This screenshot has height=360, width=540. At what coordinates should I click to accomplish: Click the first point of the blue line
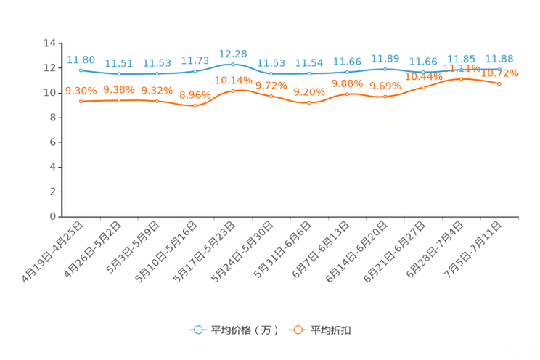(81, 70)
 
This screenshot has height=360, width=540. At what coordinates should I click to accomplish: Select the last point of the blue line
(499, 69)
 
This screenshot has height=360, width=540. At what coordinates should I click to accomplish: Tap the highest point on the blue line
(233, 64)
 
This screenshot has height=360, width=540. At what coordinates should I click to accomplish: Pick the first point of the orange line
(81, 102)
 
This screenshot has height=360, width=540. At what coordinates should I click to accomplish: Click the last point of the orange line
(499, 84)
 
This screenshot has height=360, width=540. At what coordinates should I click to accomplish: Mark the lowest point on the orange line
(195, 106)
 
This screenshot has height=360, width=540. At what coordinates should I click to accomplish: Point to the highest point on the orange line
(461, 78)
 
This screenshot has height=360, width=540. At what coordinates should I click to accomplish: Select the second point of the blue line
(118, 74)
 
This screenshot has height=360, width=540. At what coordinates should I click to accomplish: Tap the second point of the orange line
(118, 101)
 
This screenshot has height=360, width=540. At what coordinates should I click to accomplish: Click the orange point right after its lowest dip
(233, 91)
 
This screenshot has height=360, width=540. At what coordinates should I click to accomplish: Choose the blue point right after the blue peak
(271, 73)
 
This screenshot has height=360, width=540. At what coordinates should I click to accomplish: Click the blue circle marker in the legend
(197, 330)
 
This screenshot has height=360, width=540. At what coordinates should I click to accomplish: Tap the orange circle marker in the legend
(298, 330)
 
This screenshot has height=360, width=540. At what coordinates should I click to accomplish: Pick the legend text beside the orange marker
(332, 330)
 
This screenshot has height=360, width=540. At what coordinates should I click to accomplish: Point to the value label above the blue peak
(233, 53)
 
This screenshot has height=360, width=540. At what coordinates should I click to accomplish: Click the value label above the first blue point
(81, 60)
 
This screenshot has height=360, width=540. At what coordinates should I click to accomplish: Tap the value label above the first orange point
(81, 91)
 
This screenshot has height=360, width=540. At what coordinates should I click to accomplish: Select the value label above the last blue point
(499, 58)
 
